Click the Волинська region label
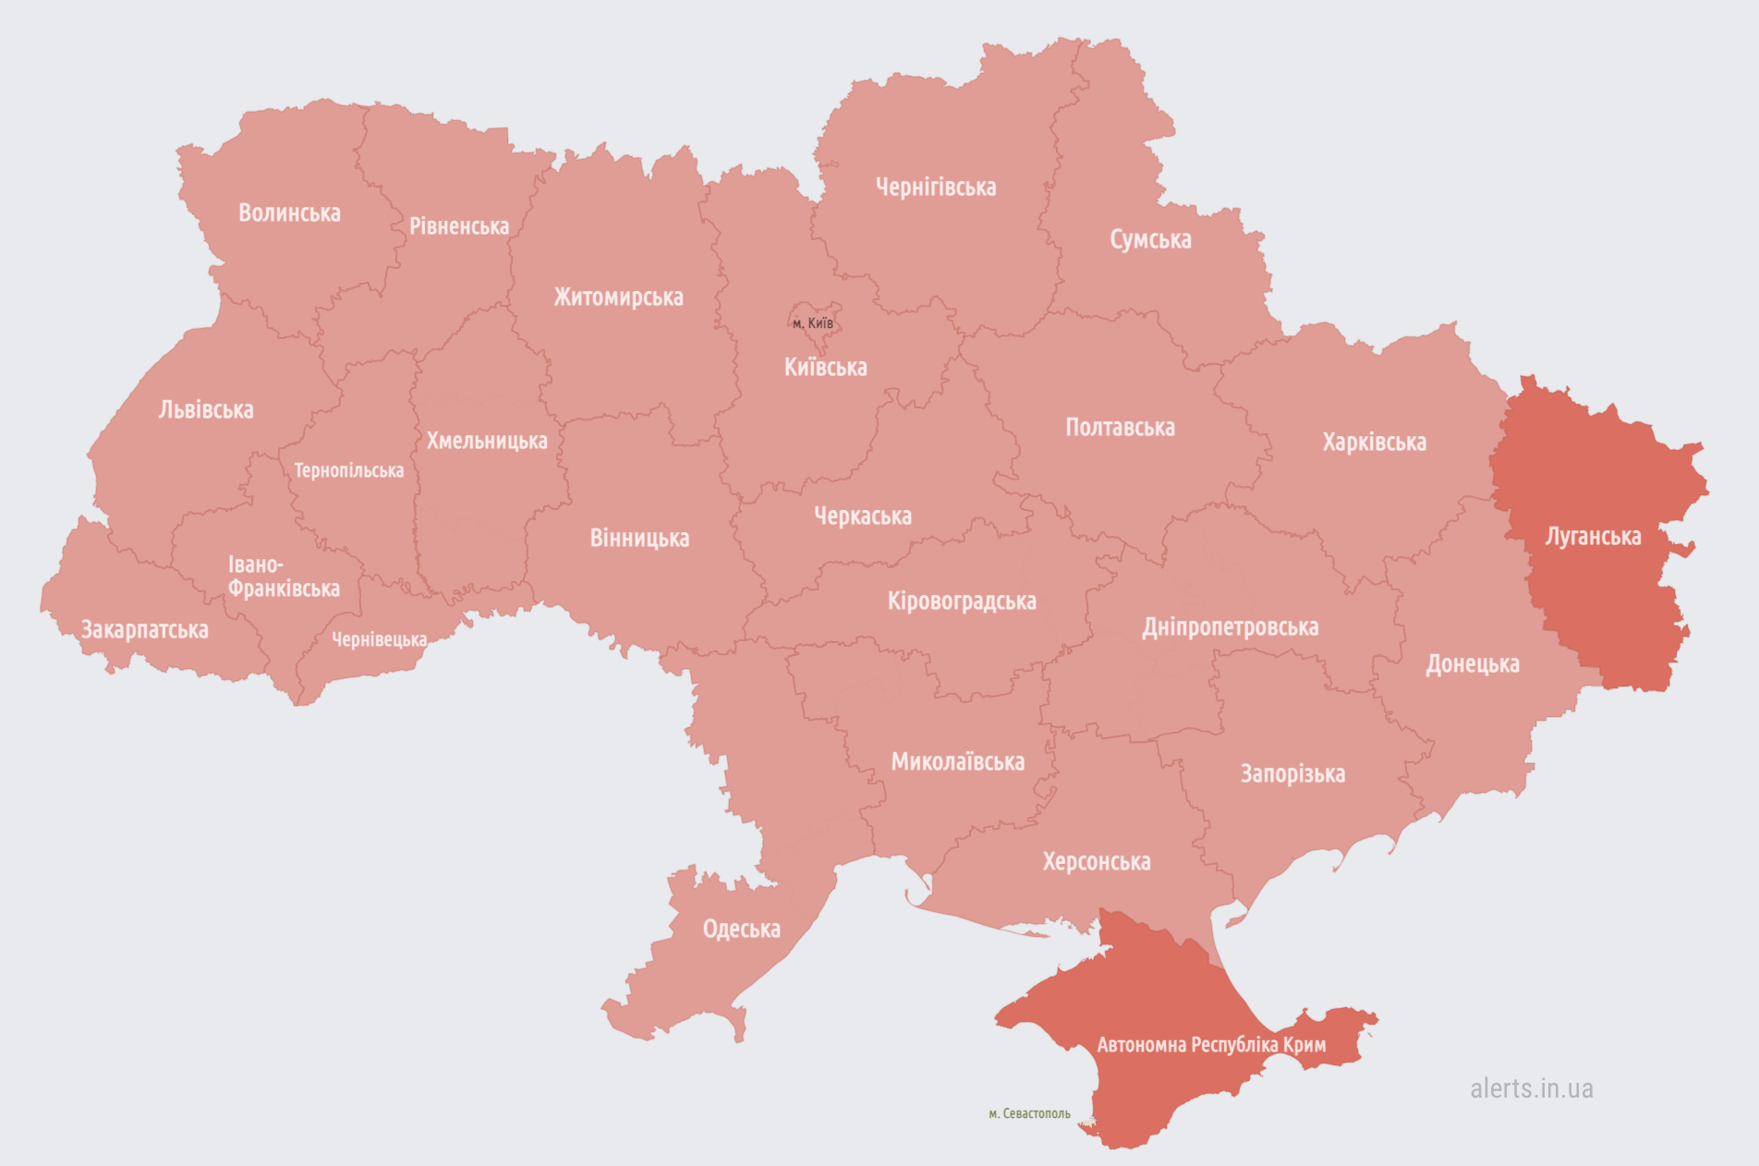point(289,213)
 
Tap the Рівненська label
point(459,226)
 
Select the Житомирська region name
point(618,298)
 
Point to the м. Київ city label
point(813,323)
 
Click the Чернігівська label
point(936,188)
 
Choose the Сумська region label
point(1150,240)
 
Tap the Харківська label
point(1374,443)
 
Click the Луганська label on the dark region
point(1593,537)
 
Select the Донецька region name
point(1472,664)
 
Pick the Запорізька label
point(1292,774)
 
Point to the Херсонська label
point(1097,862)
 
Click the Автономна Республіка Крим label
point(1211,1045)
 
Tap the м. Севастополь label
point(1029,1113)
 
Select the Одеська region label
point(741,929)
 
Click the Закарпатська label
point(145,630)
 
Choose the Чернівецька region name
point(379,639)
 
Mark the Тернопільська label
point(348,471)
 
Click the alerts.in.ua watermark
point(1531,1088)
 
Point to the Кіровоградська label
point(962,601)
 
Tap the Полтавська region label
point(1120,428)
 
